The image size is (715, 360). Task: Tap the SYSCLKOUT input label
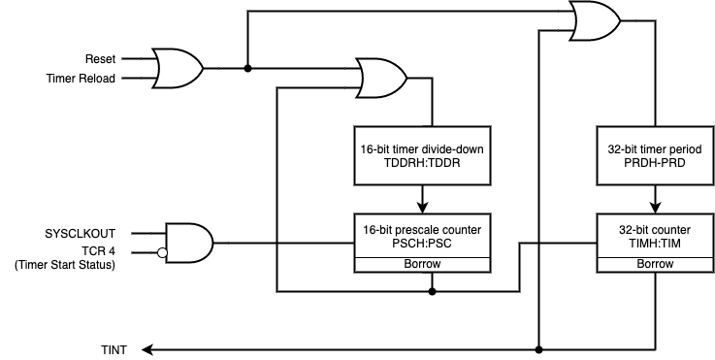[81, 233]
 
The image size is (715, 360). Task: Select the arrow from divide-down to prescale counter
[423, 198]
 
